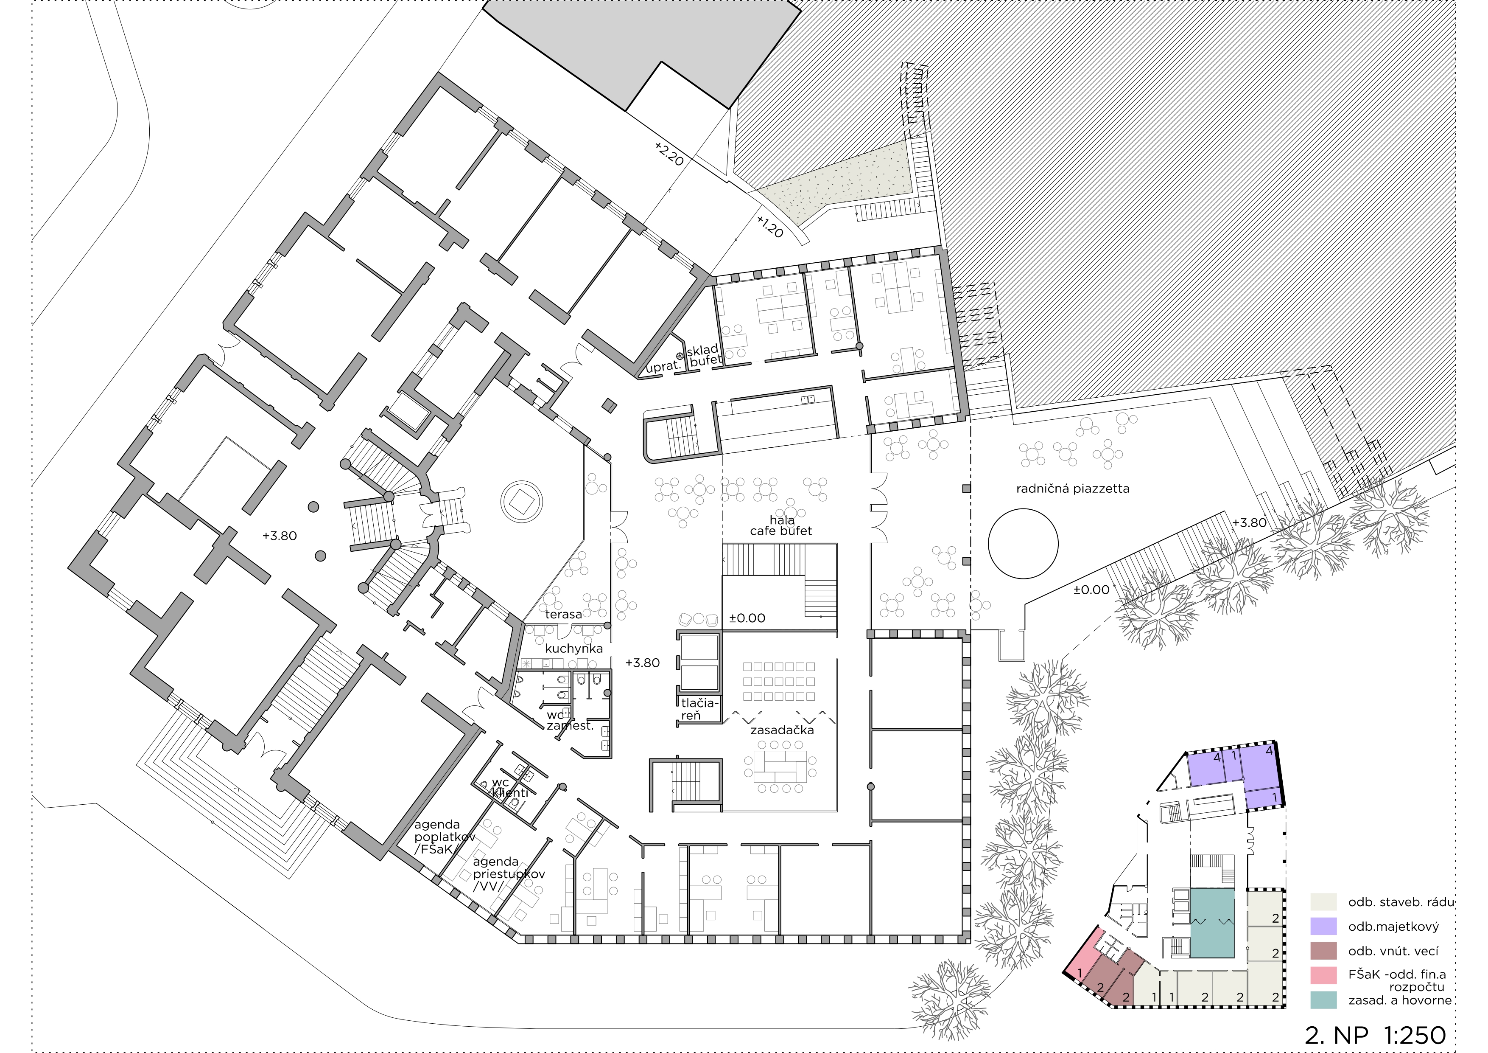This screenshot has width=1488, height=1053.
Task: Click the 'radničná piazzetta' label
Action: (1073, 489)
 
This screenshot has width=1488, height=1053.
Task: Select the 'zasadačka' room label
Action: (782, 730)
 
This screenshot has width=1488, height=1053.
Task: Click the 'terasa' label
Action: (563, 614)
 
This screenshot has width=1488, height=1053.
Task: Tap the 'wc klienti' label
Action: (509, 788)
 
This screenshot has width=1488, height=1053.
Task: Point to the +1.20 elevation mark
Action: (770, 226)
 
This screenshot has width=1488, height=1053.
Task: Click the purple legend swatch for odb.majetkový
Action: (1323, 927)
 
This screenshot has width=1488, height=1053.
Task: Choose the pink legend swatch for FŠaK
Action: (1323, 975)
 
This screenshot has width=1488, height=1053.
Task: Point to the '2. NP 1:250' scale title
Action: (1375, 1035)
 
